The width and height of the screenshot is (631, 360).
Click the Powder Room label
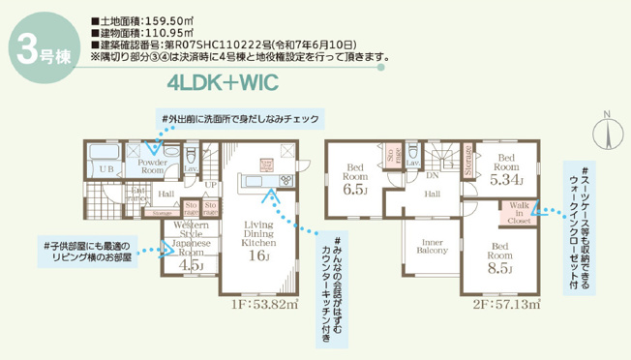(153, 166)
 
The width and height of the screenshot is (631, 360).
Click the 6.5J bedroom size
(354, 190)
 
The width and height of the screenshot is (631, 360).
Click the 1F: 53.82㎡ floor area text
(262, 302)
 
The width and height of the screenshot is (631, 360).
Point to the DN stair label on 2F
(433, 175)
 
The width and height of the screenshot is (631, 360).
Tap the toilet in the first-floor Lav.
(192, 155)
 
